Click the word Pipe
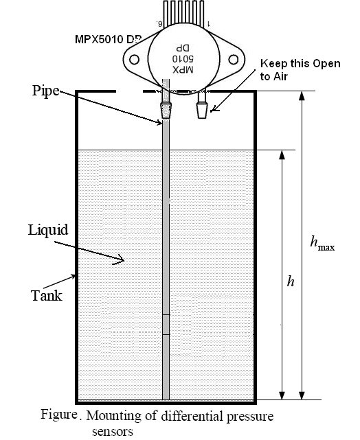(x=46, y=91)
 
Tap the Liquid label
(x=48, y=231)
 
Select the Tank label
(x=46, y=296)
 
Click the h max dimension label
(x=322, y=243)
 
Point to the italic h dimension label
(x=291, y=281)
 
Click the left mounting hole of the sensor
(x=134, y=60)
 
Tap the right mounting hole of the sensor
(x=234, y=60)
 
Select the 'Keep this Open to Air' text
(x=300, y=69)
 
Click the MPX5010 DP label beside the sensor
(x=108, y=39)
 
